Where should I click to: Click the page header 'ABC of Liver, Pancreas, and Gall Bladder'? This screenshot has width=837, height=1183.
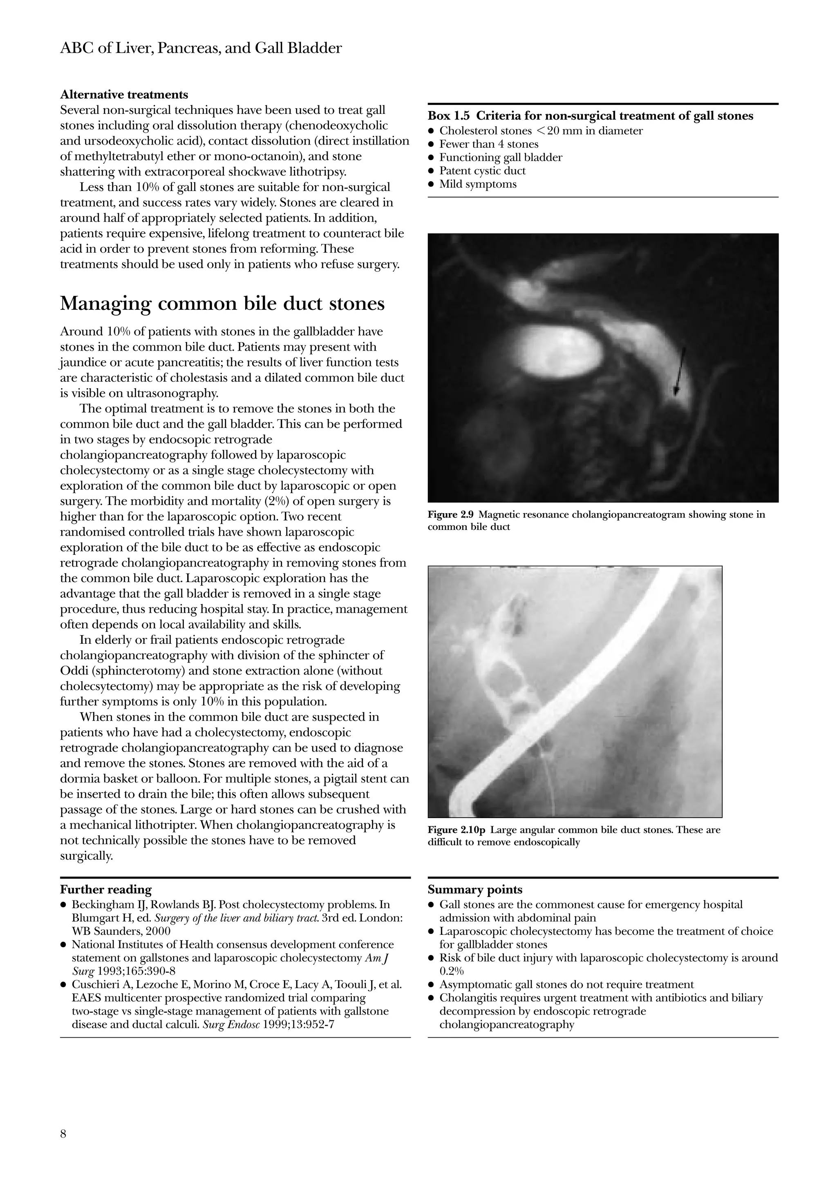click(x=201, y=49)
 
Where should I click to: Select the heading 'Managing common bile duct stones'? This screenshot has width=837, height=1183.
click(x=222, y=303)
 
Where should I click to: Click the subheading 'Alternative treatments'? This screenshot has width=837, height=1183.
click(x=124, y=95)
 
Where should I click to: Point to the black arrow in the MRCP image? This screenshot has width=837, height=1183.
click(x=680, y=371)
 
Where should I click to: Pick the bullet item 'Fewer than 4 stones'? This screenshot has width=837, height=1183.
click(x=488, y=144)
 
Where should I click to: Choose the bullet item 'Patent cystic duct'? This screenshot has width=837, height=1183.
click(x=482, y=171)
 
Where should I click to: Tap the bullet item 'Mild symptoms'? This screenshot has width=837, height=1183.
click(x=477, y=185)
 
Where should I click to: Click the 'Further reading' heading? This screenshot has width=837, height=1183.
click(x=106, y=890)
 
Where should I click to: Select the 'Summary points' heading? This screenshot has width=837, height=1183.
click(x=474, y=890)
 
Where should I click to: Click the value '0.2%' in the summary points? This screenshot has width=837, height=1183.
click(x=451, y=971)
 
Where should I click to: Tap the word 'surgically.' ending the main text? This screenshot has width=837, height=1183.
click(x=86, y=856)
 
